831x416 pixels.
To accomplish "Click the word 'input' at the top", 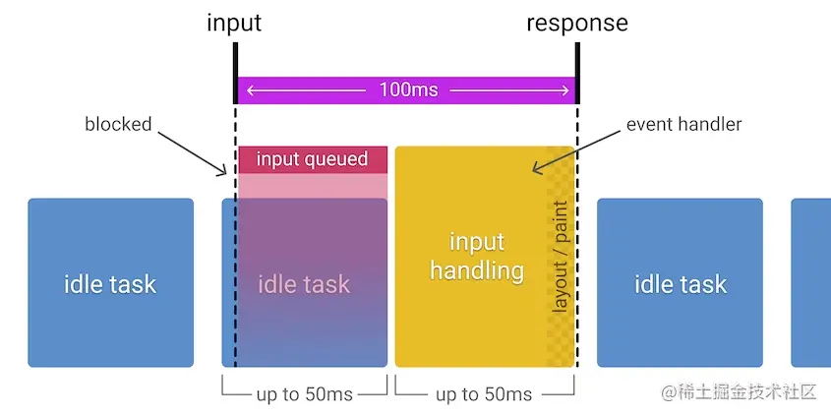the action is pos(234,24).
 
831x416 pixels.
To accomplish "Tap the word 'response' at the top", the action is pos(577,24).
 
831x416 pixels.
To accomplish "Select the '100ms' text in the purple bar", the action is pos(408,89).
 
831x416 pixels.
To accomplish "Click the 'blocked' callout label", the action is pos(118,124).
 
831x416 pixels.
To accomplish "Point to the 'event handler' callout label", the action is pos(683,124).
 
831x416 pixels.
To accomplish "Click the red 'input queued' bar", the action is pos(313,159).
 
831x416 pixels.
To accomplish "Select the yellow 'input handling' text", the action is pos(477,257).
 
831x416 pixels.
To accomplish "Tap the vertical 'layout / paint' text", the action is pos(560,257).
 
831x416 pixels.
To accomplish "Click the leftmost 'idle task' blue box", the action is pos(111,282).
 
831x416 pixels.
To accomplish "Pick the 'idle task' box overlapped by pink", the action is pos(305,282).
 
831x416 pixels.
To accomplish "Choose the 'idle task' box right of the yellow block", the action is pos(680,282).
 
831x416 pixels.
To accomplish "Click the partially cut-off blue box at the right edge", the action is pos(811,282).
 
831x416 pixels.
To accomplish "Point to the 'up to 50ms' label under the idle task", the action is pos(305,394).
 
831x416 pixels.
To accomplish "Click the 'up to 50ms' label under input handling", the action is pos(484,394).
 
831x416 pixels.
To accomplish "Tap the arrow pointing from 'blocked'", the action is pos(193,153).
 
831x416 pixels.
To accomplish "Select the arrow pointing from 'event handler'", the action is pos(576,151).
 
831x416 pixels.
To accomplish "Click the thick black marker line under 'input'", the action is pos(235,73).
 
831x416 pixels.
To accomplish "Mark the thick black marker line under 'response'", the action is pos(577,73).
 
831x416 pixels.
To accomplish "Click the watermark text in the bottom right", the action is pos(739,392).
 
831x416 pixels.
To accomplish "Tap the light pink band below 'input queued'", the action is pos(313,186).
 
